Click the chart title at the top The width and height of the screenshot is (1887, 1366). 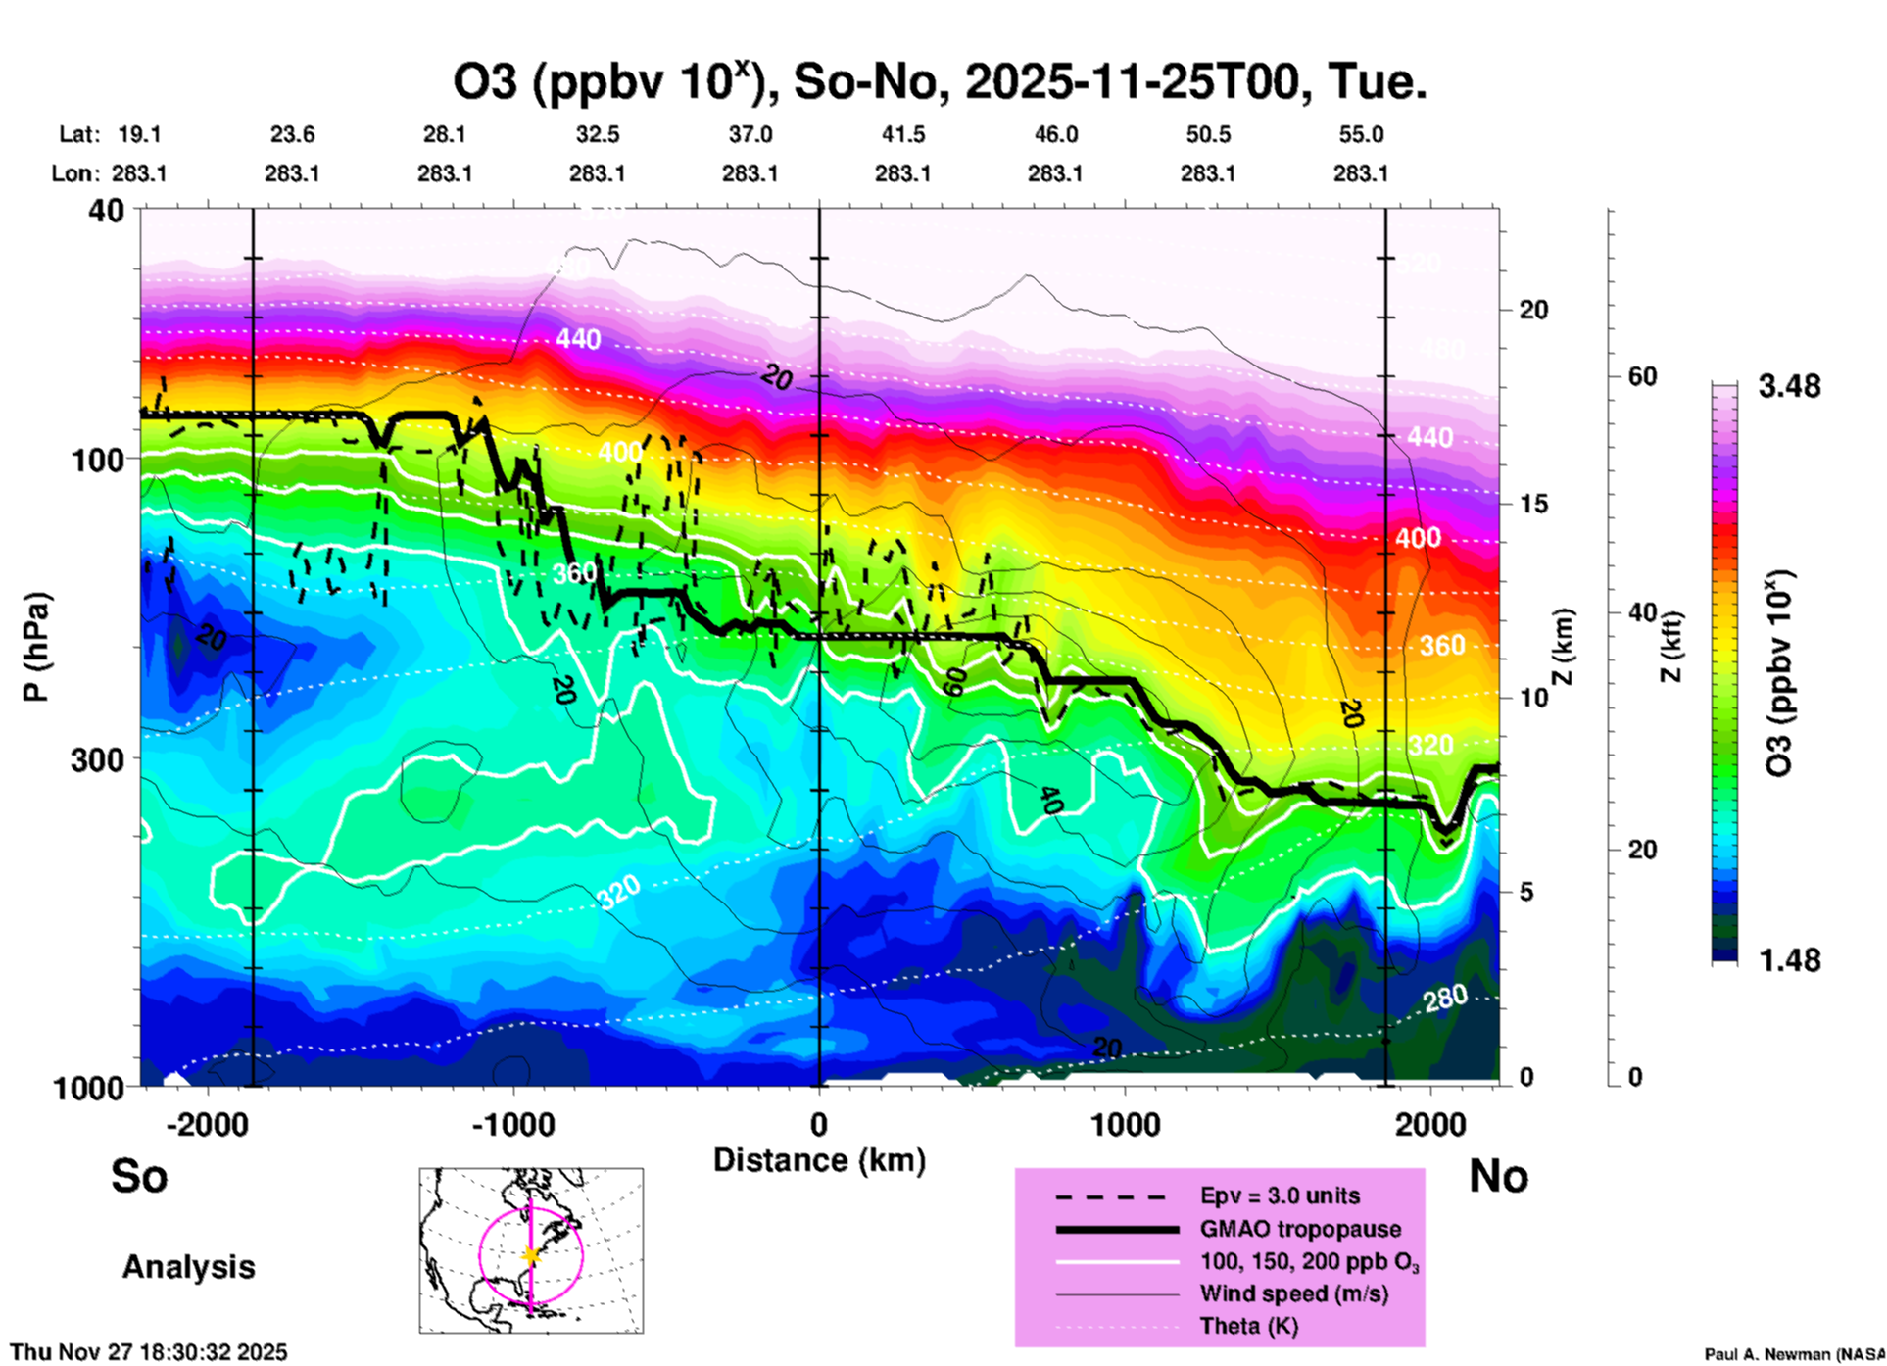click(939, 82)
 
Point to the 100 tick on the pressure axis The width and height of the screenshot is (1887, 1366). click(98, 460)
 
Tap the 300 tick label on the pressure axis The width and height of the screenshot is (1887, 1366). click(98, 759)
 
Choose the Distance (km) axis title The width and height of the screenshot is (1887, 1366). click(819, 1160)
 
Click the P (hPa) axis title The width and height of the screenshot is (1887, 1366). click(36, 647)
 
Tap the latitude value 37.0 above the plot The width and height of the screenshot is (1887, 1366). click(750, 134)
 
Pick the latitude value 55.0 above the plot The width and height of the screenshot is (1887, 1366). click(1361, 134)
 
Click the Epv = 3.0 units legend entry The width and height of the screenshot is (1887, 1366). click(1280, 1195)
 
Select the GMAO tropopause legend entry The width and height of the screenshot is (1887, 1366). click(1300, 1229)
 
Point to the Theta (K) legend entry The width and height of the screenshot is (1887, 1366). click(1248, 1326)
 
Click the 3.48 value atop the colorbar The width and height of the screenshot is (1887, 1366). click(1789, 387)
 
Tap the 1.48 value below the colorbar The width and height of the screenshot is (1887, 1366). click(1789, 960)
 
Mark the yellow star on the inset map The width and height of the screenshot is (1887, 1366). click(531, 1255)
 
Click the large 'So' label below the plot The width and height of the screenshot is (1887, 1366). click(139, 1176)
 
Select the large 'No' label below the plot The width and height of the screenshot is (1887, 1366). click(1498, 1176)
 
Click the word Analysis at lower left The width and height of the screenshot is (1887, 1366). click(188, 1267)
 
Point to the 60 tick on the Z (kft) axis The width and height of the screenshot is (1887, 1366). click(1642, 376)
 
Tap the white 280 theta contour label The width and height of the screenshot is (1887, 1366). click(1445, 999)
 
